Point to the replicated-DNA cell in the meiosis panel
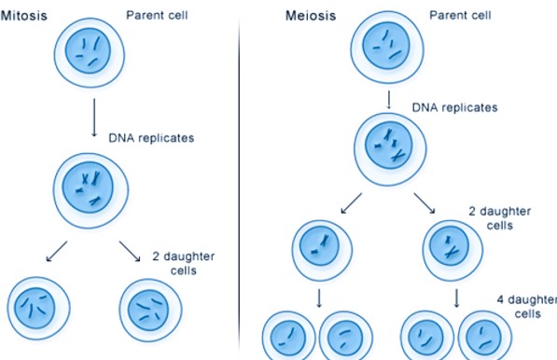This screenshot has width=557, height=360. [386, 147]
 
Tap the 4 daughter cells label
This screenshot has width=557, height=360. [524, 307]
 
